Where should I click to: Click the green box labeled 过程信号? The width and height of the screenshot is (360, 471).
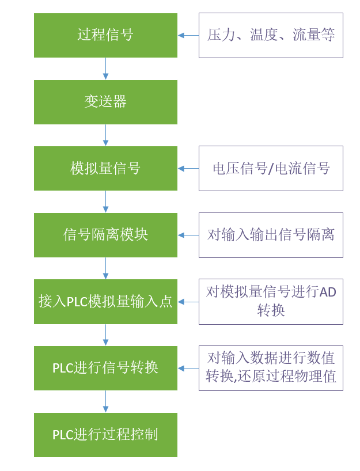click(105, 35)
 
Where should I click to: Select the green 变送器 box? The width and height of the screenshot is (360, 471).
click(105, 102)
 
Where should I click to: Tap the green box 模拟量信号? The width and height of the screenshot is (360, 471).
click(105, 168)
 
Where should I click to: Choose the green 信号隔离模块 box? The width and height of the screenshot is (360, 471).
click(105, 235)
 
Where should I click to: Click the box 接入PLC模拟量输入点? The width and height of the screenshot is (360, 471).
click(105, 302)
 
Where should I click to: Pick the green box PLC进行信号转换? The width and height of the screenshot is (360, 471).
click(105, 368)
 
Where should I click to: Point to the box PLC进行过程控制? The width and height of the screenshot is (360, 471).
click(105, 435)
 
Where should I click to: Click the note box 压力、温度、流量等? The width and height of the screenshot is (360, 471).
click(271, 35)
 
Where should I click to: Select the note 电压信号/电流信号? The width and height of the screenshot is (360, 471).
click(271, 168)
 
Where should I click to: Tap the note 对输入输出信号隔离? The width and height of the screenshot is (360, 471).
click(271, 235)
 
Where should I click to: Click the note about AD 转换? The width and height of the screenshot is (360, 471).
click(271, 302)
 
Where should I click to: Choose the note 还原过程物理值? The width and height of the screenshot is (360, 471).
click(271, 368)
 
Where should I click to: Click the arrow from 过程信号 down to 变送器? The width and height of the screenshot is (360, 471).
click(105, 69)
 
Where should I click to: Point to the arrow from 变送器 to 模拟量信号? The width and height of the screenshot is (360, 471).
click(105, 135)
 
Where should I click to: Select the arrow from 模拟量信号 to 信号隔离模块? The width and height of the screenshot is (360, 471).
click(105, 202)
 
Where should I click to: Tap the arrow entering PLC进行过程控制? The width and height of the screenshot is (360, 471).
click(105, 401)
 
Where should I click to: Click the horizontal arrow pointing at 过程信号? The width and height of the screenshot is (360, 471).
click(188, 35)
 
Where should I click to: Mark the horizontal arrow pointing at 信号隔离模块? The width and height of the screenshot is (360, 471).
click(188, 235)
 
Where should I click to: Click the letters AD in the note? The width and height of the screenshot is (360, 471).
click(328, 293)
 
